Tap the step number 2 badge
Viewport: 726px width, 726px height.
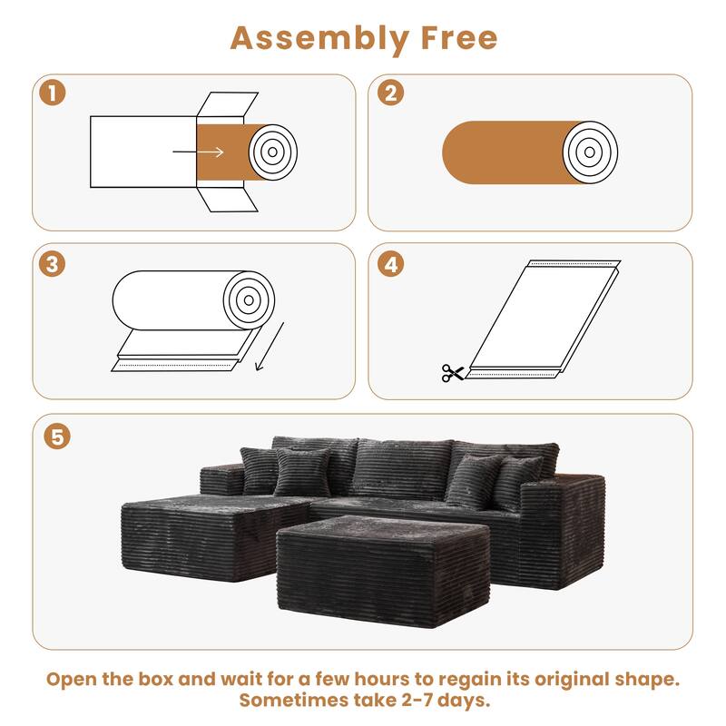click(392, 93)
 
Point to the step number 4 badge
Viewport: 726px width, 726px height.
click(392, 263)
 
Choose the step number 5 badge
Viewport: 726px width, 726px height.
click(56, 436)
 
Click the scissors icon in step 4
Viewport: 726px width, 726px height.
click(452, 372)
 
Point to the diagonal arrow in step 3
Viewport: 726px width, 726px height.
click(269, 346)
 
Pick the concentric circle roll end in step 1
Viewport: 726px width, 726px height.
click(272, 151)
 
